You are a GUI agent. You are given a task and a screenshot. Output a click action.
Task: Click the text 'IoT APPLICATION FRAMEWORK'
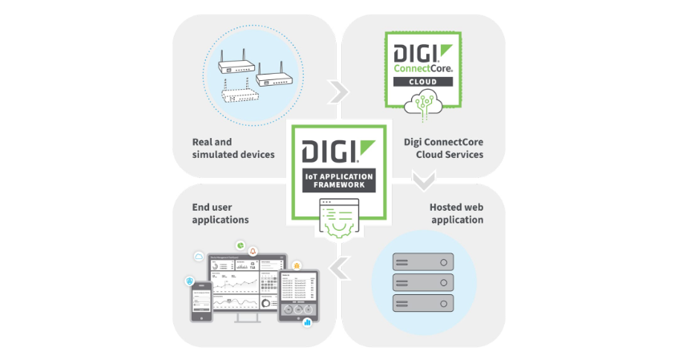click(338, 180)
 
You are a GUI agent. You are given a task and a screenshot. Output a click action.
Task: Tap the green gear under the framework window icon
click(340, 227)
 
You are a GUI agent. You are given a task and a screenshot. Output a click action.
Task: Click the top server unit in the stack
click(422, 261)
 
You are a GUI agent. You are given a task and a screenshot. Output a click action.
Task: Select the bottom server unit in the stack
click(422, 302)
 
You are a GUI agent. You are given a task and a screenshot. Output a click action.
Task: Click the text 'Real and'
click(212, 142)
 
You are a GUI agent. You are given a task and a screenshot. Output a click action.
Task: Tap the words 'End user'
click(212, 206)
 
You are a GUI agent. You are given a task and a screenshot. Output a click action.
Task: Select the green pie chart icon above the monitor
click(239, 245)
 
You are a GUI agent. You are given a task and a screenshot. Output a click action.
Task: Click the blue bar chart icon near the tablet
click(307, 322)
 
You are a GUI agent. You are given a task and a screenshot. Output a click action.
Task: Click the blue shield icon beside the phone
click(190, 281)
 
